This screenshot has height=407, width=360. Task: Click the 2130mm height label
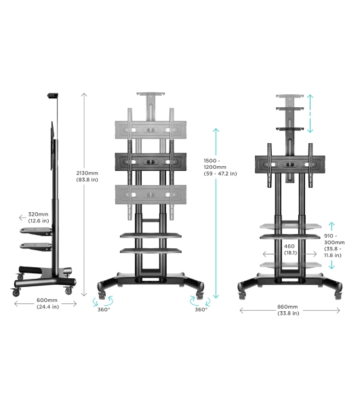(x=87, y=176)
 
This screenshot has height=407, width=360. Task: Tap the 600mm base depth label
(x=47, y=303)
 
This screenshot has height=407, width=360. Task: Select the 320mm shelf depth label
(x=39, y=218)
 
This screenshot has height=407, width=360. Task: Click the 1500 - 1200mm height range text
(x=220, y=167)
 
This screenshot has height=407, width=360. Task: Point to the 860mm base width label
(x=288, y=310)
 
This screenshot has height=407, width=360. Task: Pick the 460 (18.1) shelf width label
(x=290, y=249)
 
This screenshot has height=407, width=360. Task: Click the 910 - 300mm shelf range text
(x=334, y=246)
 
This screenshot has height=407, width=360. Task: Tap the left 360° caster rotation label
(x=104, y=309)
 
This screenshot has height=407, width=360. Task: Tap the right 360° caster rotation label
(x=201, y=309)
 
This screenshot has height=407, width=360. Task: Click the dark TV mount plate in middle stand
(x=151, y=161)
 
